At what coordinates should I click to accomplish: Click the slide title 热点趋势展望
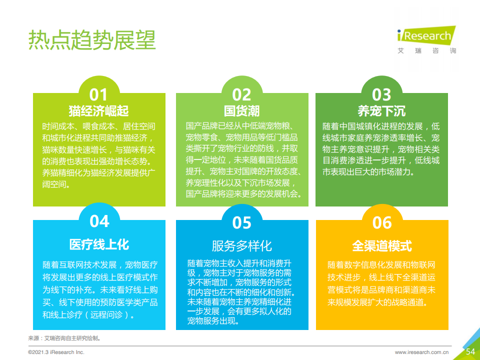pos(92,40)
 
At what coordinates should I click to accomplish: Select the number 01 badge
pos(98,94)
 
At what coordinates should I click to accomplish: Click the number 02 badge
pos(241,94)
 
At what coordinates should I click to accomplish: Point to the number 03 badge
pos(381,94)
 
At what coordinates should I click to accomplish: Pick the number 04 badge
pos(99,221)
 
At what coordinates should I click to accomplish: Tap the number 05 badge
pos(241,222)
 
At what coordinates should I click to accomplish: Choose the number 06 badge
pos(382,222)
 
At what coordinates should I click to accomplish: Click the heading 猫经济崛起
pos(98,111)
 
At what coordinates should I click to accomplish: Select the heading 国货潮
pos(241,111)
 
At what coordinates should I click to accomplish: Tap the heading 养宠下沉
pos(381,111)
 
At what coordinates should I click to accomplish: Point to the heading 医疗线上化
pos(99,244)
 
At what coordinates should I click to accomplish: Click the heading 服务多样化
pos(242,246)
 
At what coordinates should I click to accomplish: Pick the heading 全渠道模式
pos(382,246)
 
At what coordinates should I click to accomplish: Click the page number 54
pos(470,351)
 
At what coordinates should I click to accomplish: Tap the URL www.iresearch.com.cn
pos(421,352)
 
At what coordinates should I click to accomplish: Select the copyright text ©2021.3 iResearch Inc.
pos(56,352)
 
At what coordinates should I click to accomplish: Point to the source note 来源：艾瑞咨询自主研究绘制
pos(64,338)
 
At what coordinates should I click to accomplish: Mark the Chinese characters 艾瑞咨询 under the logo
pos(426,51)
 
